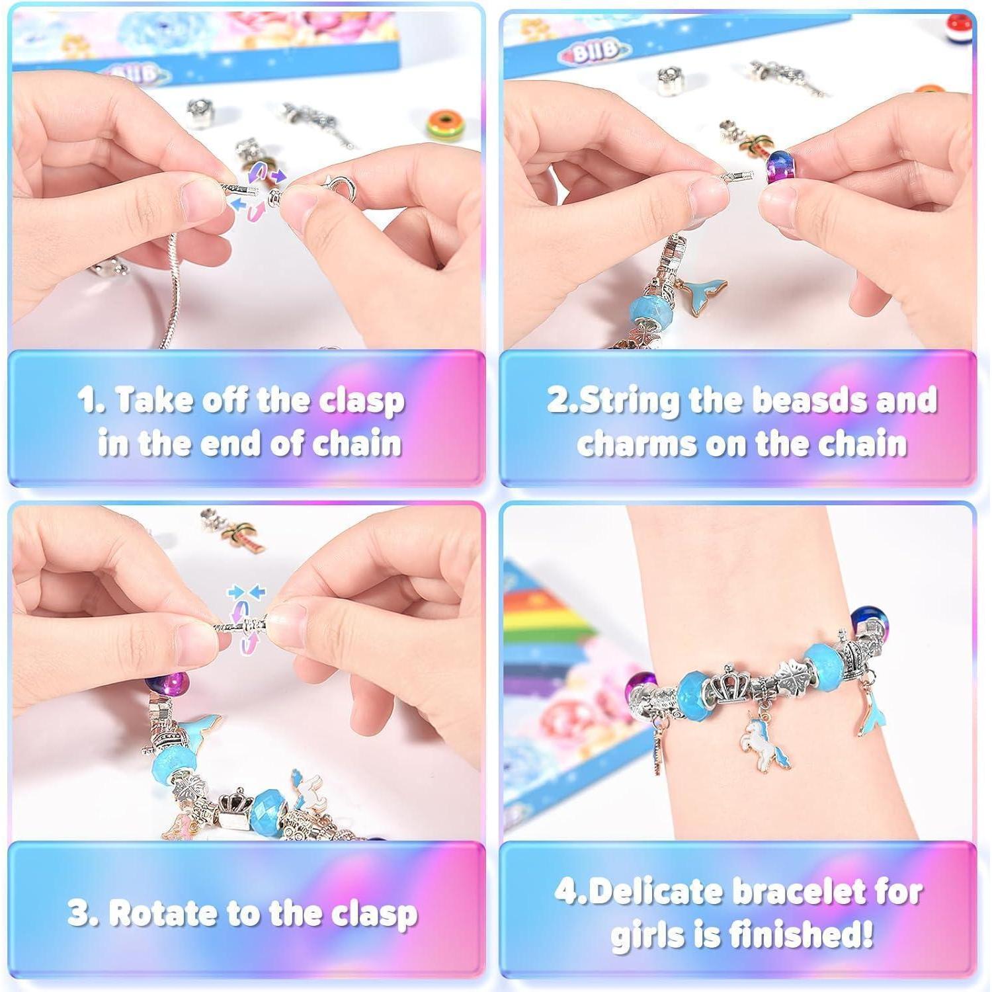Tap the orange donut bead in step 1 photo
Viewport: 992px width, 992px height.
point(443,128)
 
